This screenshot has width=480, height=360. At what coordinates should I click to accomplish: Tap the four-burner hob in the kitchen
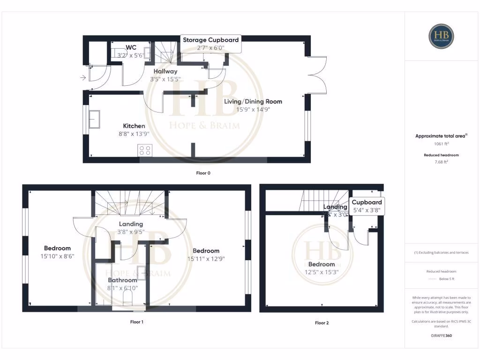144,150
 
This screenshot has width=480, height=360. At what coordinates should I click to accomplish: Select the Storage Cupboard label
210,40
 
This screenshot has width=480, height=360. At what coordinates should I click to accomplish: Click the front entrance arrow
83,78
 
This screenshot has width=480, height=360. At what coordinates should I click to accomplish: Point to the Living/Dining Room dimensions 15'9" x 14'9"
254,109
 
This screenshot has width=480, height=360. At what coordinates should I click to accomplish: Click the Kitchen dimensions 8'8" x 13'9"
134,134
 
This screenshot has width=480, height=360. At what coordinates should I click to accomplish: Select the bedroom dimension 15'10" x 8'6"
57,256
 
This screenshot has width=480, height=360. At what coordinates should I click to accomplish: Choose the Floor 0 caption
203,173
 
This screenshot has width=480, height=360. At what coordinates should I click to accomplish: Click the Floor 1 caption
136,322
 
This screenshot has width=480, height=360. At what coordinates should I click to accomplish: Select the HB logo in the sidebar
441,36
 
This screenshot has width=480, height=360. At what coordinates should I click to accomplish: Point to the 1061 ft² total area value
441,144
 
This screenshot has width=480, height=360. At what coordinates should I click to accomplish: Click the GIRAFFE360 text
441,336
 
